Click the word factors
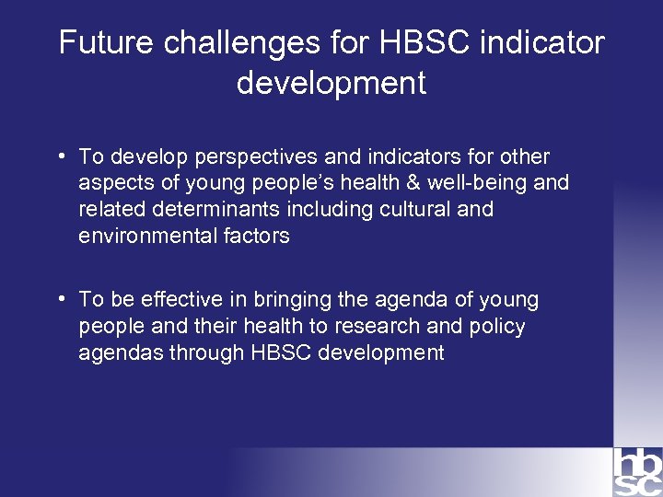click(x=257, y=236)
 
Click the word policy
click(x=495, y=326)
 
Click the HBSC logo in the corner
click(x=637, y=471)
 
